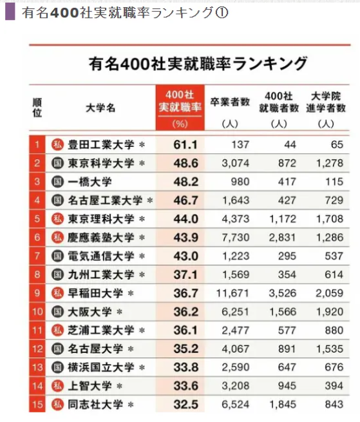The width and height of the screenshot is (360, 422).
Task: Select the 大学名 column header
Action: tap(100, 108)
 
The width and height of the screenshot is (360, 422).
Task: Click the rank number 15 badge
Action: tap(37, 405)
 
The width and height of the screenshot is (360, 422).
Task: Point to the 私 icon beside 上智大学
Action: tap(57, 387)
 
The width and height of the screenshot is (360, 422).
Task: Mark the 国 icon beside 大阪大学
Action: tap(57, 312)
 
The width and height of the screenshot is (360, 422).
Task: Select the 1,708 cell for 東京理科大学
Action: tap(330, 218)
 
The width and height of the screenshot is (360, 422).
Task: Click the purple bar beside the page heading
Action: tap(10, 12)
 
